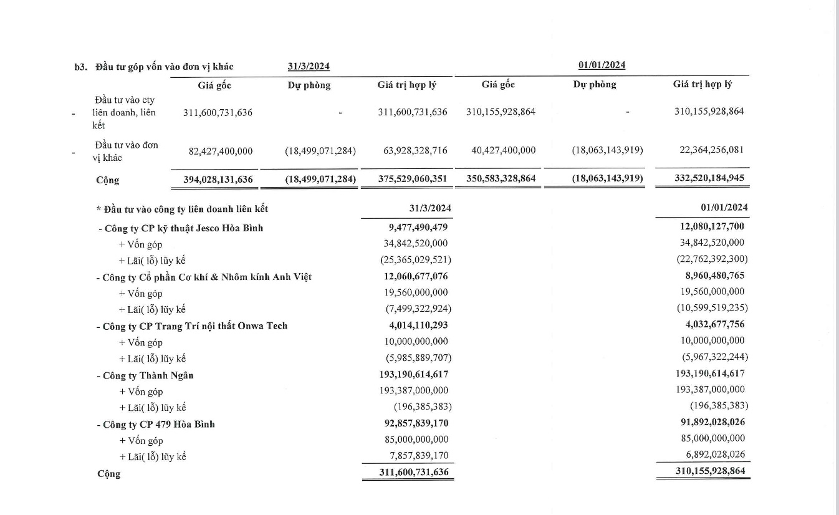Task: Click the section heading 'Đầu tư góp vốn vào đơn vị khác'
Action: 165,67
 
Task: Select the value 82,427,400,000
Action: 221,151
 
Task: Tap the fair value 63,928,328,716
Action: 412,151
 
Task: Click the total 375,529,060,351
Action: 412,180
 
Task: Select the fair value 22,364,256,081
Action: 708,150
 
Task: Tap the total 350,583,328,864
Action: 501,179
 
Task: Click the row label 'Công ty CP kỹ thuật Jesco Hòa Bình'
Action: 181,228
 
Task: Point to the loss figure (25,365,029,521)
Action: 415,260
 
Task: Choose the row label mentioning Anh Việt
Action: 204,277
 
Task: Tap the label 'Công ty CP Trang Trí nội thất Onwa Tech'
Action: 191,326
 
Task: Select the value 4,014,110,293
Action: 417,325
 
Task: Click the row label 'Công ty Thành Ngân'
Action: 145,375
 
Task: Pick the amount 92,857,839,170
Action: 415,423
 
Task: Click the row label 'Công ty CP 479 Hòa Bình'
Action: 155,425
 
